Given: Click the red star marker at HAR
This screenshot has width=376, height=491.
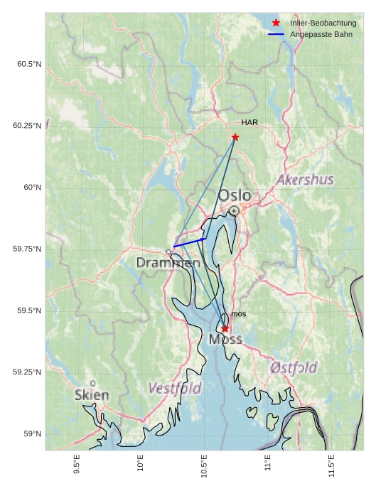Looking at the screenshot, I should tap(235, 137).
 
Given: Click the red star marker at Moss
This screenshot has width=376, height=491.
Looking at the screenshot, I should tap(225, 328).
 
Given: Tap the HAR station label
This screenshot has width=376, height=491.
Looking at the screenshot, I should tap(249, 123).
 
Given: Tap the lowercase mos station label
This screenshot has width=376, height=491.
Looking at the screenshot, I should tap(239, 314).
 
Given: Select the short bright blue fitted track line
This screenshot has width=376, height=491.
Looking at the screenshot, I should tap(189, 243).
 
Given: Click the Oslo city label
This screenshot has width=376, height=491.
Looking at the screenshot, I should tap(235, 195).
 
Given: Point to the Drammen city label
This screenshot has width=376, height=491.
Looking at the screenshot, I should tap(168, 263).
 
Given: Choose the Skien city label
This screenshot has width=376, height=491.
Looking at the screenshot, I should tap(92, 394).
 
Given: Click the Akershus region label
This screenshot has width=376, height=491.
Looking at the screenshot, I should tap(305, 180).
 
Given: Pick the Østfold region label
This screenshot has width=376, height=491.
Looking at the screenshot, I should tap(294, 367).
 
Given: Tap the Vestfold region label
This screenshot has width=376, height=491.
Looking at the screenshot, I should tap(175, 389).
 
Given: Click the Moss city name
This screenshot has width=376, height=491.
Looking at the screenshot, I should tap(225, 340).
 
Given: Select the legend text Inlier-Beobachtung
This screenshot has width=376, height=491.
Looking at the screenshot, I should tap(323, 23).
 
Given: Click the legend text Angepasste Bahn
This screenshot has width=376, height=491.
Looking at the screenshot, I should tap(322, 35).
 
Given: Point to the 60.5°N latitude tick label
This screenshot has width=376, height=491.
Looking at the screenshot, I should tap(29, 65).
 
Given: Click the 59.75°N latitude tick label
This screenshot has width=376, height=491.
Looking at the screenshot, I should tap(27, 249).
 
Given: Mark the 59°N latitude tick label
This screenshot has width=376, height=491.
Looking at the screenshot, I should tap(32, 434).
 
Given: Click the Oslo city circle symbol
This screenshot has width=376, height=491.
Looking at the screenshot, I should tap(234, 210).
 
